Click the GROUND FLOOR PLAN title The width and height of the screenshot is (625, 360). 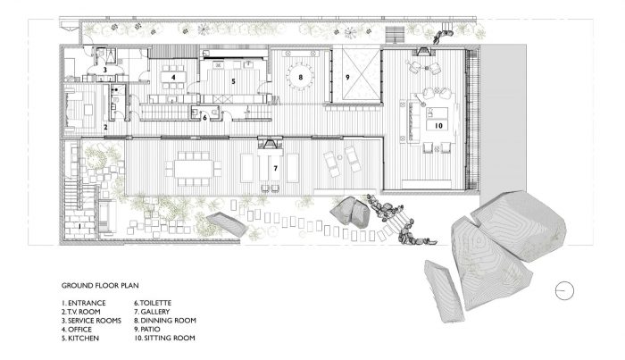pos(100,286)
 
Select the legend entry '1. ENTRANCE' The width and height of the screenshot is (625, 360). pos(84,303)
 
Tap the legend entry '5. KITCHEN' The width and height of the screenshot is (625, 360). pos(80,338)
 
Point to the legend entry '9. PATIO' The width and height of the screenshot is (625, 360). pos(147,330)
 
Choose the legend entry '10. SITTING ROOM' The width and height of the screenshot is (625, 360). pos(164,338)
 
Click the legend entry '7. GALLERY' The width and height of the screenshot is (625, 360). pos(152,312)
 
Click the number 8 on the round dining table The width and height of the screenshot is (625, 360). pos(301,77)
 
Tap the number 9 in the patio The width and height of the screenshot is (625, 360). pos(347,77)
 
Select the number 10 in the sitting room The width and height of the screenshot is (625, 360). pos(438,126)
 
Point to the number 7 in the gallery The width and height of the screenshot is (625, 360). pos(275,169)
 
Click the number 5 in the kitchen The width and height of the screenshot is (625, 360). pos(234,81)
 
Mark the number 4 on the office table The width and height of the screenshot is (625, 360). pos(173,77)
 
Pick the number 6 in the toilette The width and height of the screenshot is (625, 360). pos(204,118)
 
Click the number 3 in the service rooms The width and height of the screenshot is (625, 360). pos(105,70)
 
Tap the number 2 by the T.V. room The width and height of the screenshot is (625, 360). pos(105,128)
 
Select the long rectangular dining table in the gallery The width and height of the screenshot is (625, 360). pos(194,169)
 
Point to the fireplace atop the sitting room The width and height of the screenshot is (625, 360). pos(423,52)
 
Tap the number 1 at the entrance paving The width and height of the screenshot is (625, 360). pos(79,226)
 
